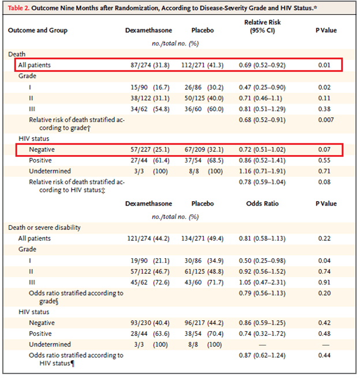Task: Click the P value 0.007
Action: tap(324, 120)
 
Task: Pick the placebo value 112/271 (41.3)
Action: tap(204, 65)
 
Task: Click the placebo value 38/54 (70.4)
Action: tap(205, 334)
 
